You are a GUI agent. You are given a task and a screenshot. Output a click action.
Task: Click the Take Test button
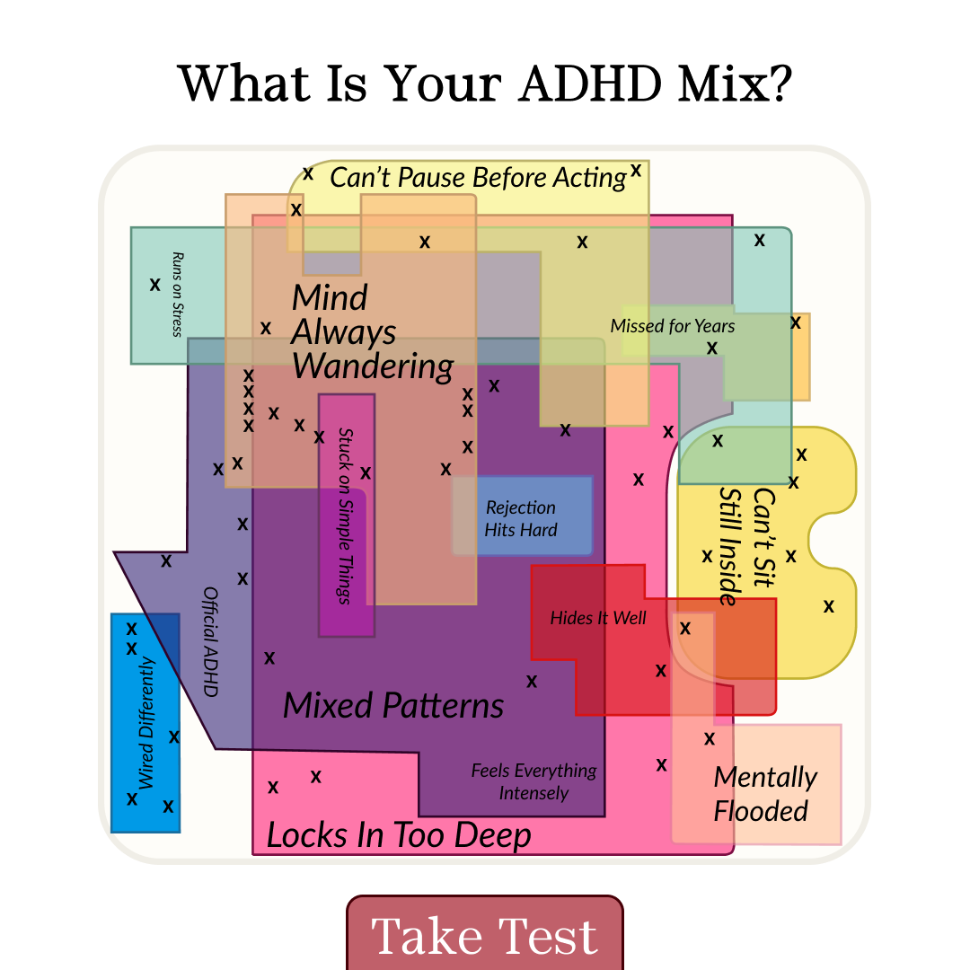pyautogui.click(x=485, y=933)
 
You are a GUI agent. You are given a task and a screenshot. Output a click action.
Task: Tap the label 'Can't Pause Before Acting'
pyautogui.click(x=478, y=178)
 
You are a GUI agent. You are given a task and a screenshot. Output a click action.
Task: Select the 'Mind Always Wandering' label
pyautogui.click(x=373, y=332)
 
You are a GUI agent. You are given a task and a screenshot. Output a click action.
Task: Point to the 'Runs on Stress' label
pyautogui.click(x=178, y=294)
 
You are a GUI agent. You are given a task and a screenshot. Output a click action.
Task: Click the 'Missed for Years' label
pyautogui.click(x=673, y=326)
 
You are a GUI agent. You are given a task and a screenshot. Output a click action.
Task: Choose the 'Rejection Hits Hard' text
pyautogui.click(x=521, y=518)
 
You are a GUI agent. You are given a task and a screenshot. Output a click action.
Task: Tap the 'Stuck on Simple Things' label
pyautogui.click(x=345, y=516)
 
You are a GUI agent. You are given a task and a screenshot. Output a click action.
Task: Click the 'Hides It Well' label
pyautogui.click(x=598, y=617)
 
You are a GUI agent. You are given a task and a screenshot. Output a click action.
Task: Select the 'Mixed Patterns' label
pyautogui.click(x=393, y=705)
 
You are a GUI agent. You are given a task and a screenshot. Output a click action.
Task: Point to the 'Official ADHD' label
pyautogui.click(x=211, y=641)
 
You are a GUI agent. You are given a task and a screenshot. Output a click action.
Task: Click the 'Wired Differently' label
pyautogui.click(x=146, y=722)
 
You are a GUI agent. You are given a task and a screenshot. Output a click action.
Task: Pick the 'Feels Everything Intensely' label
pyautogui.click(x=533, y=781)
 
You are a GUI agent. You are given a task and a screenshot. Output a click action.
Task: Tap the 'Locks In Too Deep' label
pyautogui.click(x=399, y=835)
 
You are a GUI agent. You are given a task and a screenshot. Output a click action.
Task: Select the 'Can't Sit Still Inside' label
pyautogui.click(x=747, y=546)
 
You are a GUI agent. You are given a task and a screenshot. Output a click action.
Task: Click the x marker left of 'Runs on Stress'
pyautogui.click(x=154, y=285)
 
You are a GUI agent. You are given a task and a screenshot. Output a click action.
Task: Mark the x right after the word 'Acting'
pyautogui.click(x=636, y=170)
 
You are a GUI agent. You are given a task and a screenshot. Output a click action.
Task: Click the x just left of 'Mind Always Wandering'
pyautogui.click(x=266, y=328)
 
